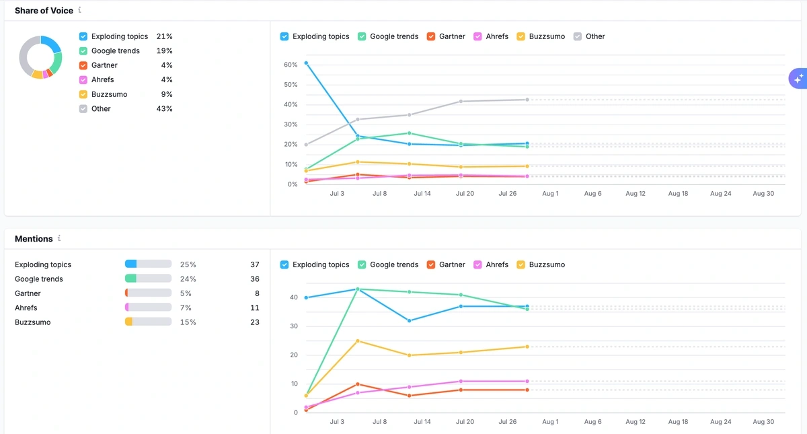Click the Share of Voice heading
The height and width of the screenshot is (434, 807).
(44, 11)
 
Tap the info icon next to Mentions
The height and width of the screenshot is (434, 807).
(59, 238)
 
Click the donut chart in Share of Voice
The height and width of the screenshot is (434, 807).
(40, 58)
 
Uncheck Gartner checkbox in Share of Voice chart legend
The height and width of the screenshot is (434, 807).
(431, 36)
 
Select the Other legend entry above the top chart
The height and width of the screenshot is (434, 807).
(589, 36)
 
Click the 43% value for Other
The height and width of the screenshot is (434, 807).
(164, 109)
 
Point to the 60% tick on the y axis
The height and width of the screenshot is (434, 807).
(291, 65)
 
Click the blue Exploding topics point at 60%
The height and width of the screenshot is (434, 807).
(306, 63)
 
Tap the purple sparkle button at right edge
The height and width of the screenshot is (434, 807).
(798, 79)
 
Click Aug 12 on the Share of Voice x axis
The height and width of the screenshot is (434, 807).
(635, 194)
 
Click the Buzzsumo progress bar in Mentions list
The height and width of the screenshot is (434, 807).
(148, 322)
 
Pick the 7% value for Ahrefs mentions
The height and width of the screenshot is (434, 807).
(188, 308)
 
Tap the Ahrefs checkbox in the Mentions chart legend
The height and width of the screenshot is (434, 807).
(478, 264)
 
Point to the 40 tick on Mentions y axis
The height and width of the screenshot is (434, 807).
(293, 297)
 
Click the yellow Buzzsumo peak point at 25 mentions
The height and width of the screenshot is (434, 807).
(358, 341)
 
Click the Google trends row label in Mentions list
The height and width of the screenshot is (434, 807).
(39, 279)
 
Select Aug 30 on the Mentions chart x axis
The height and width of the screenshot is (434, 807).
(763, 422)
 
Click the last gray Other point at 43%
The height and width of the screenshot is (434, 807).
(527, 100)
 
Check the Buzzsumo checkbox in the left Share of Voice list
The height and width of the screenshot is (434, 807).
(83, 94)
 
